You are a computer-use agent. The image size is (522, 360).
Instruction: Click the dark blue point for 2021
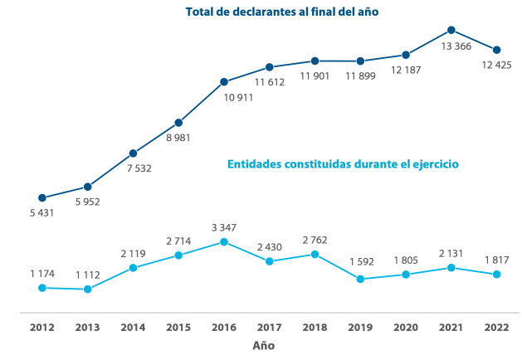(451, 30)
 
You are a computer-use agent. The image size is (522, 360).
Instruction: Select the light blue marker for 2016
(224, 241)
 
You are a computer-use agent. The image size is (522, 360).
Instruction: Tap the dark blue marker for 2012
(42, 197)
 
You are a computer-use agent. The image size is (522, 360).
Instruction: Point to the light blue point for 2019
(360, 279)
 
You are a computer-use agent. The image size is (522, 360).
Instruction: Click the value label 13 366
(457, 46)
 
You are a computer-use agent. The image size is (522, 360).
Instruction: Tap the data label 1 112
(89, 274)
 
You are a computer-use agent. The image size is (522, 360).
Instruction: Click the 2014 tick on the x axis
(133, 327)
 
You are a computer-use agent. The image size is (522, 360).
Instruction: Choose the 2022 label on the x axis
(496, 327)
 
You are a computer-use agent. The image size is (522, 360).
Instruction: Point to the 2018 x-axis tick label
(315, 327)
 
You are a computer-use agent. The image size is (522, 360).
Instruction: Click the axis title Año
(263, 344)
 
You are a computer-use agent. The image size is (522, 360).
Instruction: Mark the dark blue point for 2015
(178, 123)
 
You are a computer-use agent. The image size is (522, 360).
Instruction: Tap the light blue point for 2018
(315, 254)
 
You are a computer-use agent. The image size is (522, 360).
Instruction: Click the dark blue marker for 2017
(270, 67)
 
